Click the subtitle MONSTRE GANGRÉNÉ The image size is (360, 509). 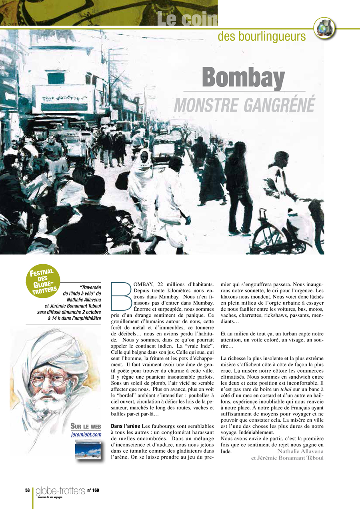click(244, 104)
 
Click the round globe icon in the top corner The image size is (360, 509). click(324, 28)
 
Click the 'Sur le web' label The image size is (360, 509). click(86, 425)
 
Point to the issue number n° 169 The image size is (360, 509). click(93, 490)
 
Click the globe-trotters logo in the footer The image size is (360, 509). click(60, 491)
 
